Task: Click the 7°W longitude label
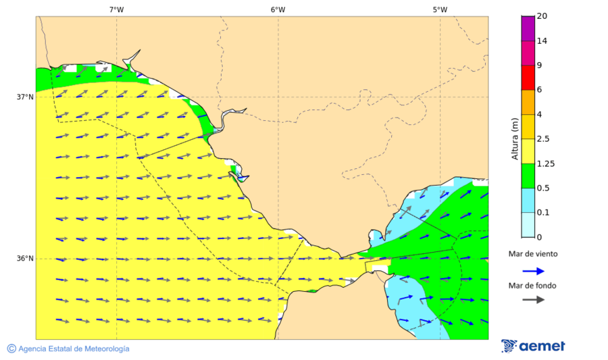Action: (116, 9)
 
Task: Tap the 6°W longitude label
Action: (278, 9)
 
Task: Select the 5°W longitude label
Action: (440, 9)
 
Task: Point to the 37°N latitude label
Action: (25, 97)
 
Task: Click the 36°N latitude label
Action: (25, 259)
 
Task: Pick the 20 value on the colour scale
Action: (542, 16)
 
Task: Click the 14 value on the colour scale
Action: (542, 41)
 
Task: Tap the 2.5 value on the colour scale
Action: (543, 139)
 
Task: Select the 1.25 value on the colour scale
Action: (545, 163)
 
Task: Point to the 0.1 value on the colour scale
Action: (543, 213)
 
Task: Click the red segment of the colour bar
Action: (528, 78)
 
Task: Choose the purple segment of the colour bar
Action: (528, 28)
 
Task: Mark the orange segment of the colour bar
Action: (528, 102)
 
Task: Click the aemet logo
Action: (533, 346)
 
